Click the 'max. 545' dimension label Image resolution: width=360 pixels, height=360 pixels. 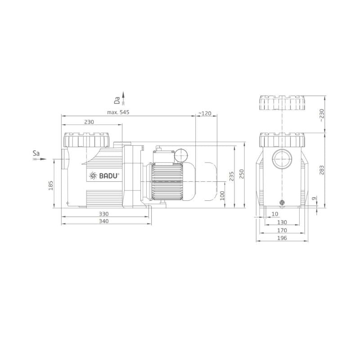pyautogui.click(x=118, y=112)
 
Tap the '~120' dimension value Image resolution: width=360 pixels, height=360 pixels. pyautogui.click(x=205, y=113)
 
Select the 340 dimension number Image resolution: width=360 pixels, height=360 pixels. pyautogui.click(x=104, y=221)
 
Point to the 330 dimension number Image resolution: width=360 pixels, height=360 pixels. pyautogui.click(x=104, y=214)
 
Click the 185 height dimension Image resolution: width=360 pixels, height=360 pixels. pyautogui.click(x=51, y=185)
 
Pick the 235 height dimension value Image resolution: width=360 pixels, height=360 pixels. pyautogui.click(x=232, y=176)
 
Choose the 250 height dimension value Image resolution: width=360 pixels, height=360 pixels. pyautogui.click(x=242, y=174)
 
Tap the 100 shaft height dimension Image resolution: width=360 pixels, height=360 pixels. pyautogui.click(x=222, y=196)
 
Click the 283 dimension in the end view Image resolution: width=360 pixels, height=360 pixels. pyautogui.click(x=322, y=170)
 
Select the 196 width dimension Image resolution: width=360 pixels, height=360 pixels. pyautogui.click(x=282, y=238)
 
